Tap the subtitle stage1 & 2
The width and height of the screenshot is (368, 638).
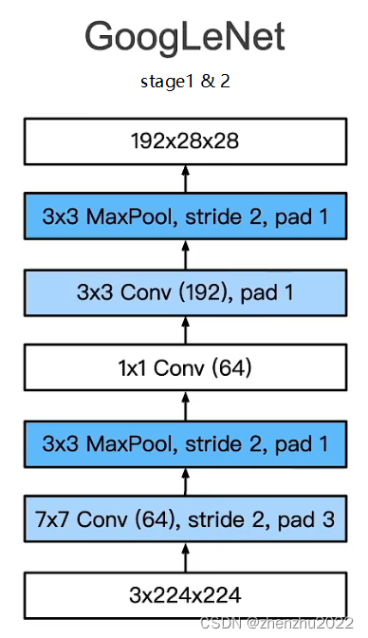point(185,82)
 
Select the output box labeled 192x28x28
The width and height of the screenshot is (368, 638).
point(185,142)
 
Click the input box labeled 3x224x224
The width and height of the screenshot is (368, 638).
point(185,595)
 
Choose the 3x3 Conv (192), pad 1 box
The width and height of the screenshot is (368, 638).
point(185,292)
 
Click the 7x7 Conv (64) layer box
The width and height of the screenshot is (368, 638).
point(185,519)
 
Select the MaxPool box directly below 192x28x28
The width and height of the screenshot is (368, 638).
point(185,217)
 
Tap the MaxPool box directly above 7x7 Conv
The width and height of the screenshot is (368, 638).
point(185,443)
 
